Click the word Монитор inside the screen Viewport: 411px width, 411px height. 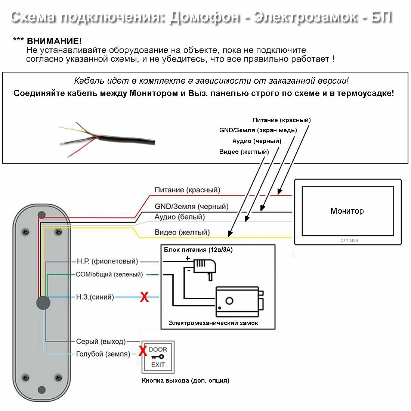[x=347, y=211]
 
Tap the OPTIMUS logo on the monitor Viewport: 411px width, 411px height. [x=349, y=240]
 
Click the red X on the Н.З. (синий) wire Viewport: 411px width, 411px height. [x=144, y=297]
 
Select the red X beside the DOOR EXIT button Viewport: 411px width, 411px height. [x=142, y=351]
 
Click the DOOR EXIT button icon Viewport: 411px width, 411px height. [x=158, y=357]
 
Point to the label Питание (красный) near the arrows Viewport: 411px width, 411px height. [x=281, y=120]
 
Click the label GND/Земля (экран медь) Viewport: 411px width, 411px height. [x=258, y=130]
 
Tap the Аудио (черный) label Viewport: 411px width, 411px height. [x=257, y=141]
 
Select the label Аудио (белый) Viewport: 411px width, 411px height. [x=179, y=217]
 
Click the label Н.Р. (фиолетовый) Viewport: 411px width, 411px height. [x=107, y=261]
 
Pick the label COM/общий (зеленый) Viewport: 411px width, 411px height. [x=109, y=274]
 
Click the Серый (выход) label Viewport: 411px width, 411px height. [x=101, y=341]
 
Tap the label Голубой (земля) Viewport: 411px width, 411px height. [x=103, y=354]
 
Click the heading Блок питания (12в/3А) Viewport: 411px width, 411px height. [x=198, y=250]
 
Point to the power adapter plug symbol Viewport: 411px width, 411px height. [x=204, y=267]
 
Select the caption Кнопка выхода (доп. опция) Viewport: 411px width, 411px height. [x=185, y=380]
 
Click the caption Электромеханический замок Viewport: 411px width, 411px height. [x=213, y=323]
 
